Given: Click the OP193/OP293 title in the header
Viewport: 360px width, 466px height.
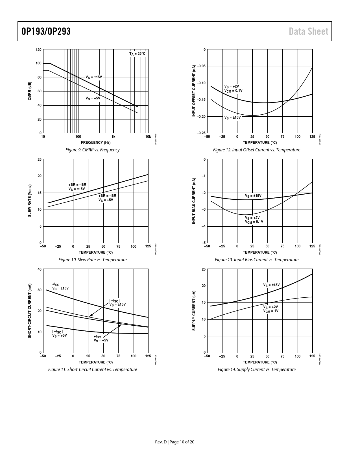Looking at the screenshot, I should (46, 31).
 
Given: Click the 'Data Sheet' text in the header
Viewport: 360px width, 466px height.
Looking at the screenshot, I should (309, 31).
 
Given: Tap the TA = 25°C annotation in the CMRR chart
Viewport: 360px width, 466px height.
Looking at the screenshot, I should (137, 54).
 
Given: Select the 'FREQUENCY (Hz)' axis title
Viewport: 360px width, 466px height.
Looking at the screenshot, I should (96, 142).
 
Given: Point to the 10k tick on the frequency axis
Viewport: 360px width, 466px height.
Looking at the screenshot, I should (148, 137).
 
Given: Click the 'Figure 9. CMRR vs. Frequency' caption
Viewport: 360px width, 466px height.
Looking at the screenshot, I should (92, 150).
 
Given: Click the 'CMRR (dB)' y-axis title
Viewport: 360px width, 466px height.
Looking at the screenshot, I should (30, 91).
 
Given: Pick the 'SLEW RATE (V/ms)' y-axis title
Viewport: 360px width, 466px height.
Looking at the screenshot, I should (30, 201).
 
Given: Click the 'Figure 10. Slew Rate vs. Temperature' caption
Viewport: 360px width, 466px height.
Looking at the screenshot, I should (92, 260).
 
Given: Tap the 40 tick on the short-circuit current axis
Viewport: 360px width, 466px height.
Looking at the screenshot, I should (39, 269).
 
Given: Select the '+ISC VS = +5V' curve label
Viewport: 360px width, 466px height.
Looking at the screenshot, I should (101, 338).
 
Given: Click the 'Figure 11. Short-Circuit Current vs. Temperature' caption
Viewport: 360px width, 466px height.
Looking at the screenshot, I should (92, 369).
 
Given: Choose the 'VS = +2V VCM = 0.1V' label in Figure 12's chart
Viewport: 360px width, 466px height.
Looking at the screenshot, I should (233, 88).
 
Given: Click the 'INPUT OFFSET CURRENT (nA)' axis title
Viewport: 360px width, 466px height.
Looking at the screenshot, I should (194, 91).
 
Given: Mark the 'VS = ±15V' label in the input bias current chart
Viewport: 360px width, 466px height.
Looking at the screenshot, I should (253, 196).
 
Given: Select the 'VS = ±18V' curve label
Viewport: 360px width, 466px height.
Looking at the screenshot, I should (271, 285).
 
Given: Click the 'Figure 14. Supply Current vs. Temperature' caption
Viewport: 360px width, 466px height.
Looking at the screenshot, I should (257, 369).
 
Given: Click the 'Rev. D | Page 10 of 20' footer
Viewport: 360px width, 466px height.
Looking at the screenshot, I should (175, 442).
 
